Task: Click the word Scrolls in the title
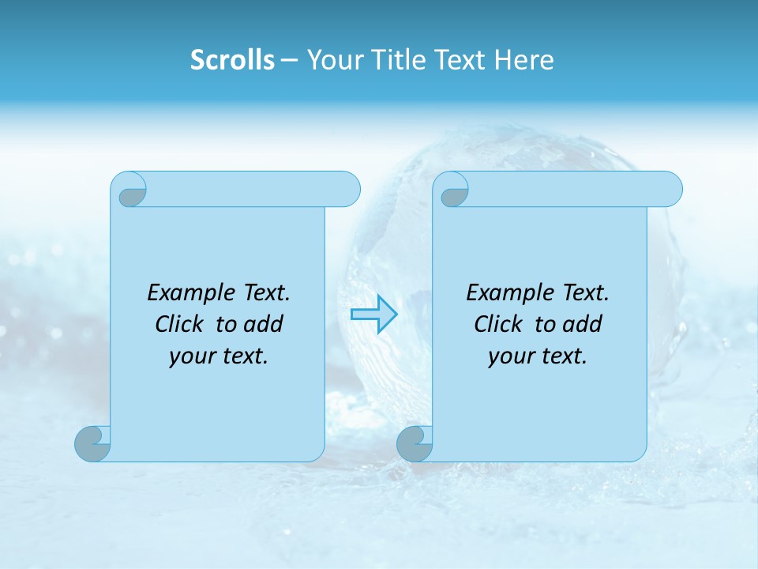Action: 232,60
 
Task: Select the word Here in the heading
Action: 524,60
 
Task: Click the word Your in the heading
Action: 335,60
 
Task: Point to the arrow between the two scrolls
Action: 373,315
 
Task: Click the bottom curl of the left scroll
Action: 92,443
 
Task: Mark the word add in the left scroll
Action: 265,324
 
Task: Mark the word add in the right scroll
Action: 584,324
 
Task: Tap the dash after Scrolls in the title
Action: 290,60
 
